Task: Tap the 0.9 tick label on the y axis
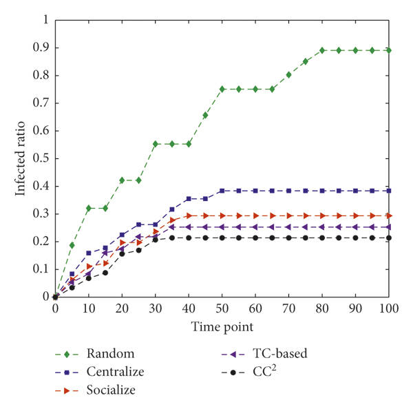[42, 48]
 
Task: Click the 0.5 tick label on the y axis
[42, 158]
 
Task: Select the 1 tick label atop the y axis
[46, 21]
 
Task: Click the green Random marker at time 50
[222, 89]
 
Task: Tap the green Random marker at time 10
[89, 208]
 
